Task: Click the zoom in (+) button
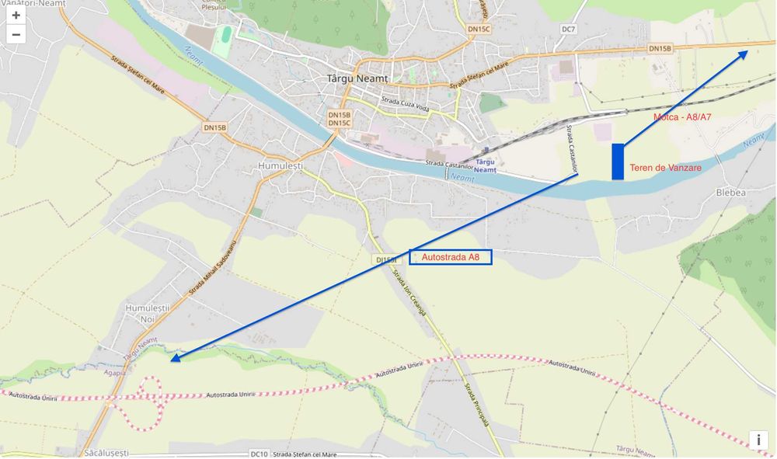click(16, 16)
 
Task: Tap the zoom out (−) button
click(16, 34)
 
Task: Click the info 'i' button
click(758, 440)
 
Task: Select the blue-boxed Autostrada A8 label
click(451, 257)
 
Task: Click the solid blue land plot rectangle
click(618, 162)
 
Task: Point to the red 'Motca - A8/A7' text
click(682, 117)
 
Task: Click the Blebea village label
click(730, 193)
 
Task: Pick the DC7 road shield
click(569, 30)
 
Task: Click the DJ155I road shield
click(385, 259)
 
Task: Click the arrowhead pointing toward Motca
click(744, 54)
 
